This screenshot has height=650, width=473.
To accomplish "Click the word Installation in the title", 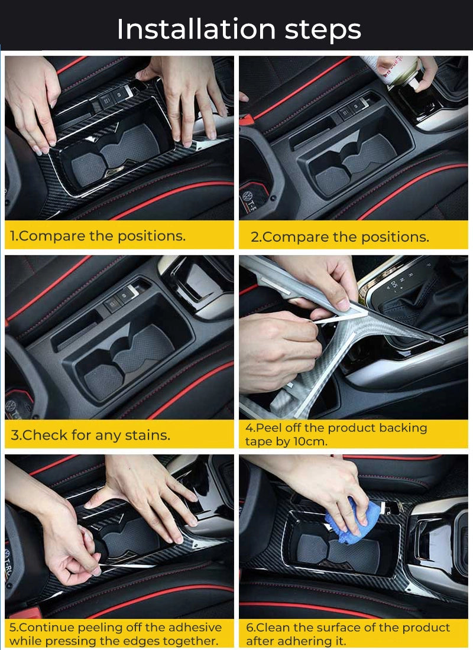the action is coord(196,29).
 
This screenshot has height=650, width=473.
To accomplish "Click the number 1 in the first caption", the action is coord(12,236).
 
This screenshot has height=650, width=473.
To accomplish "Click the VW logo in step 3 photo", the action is coord(10,405).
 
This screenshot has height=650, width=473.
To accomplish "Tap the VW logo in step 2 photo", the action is coord(248,196).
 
